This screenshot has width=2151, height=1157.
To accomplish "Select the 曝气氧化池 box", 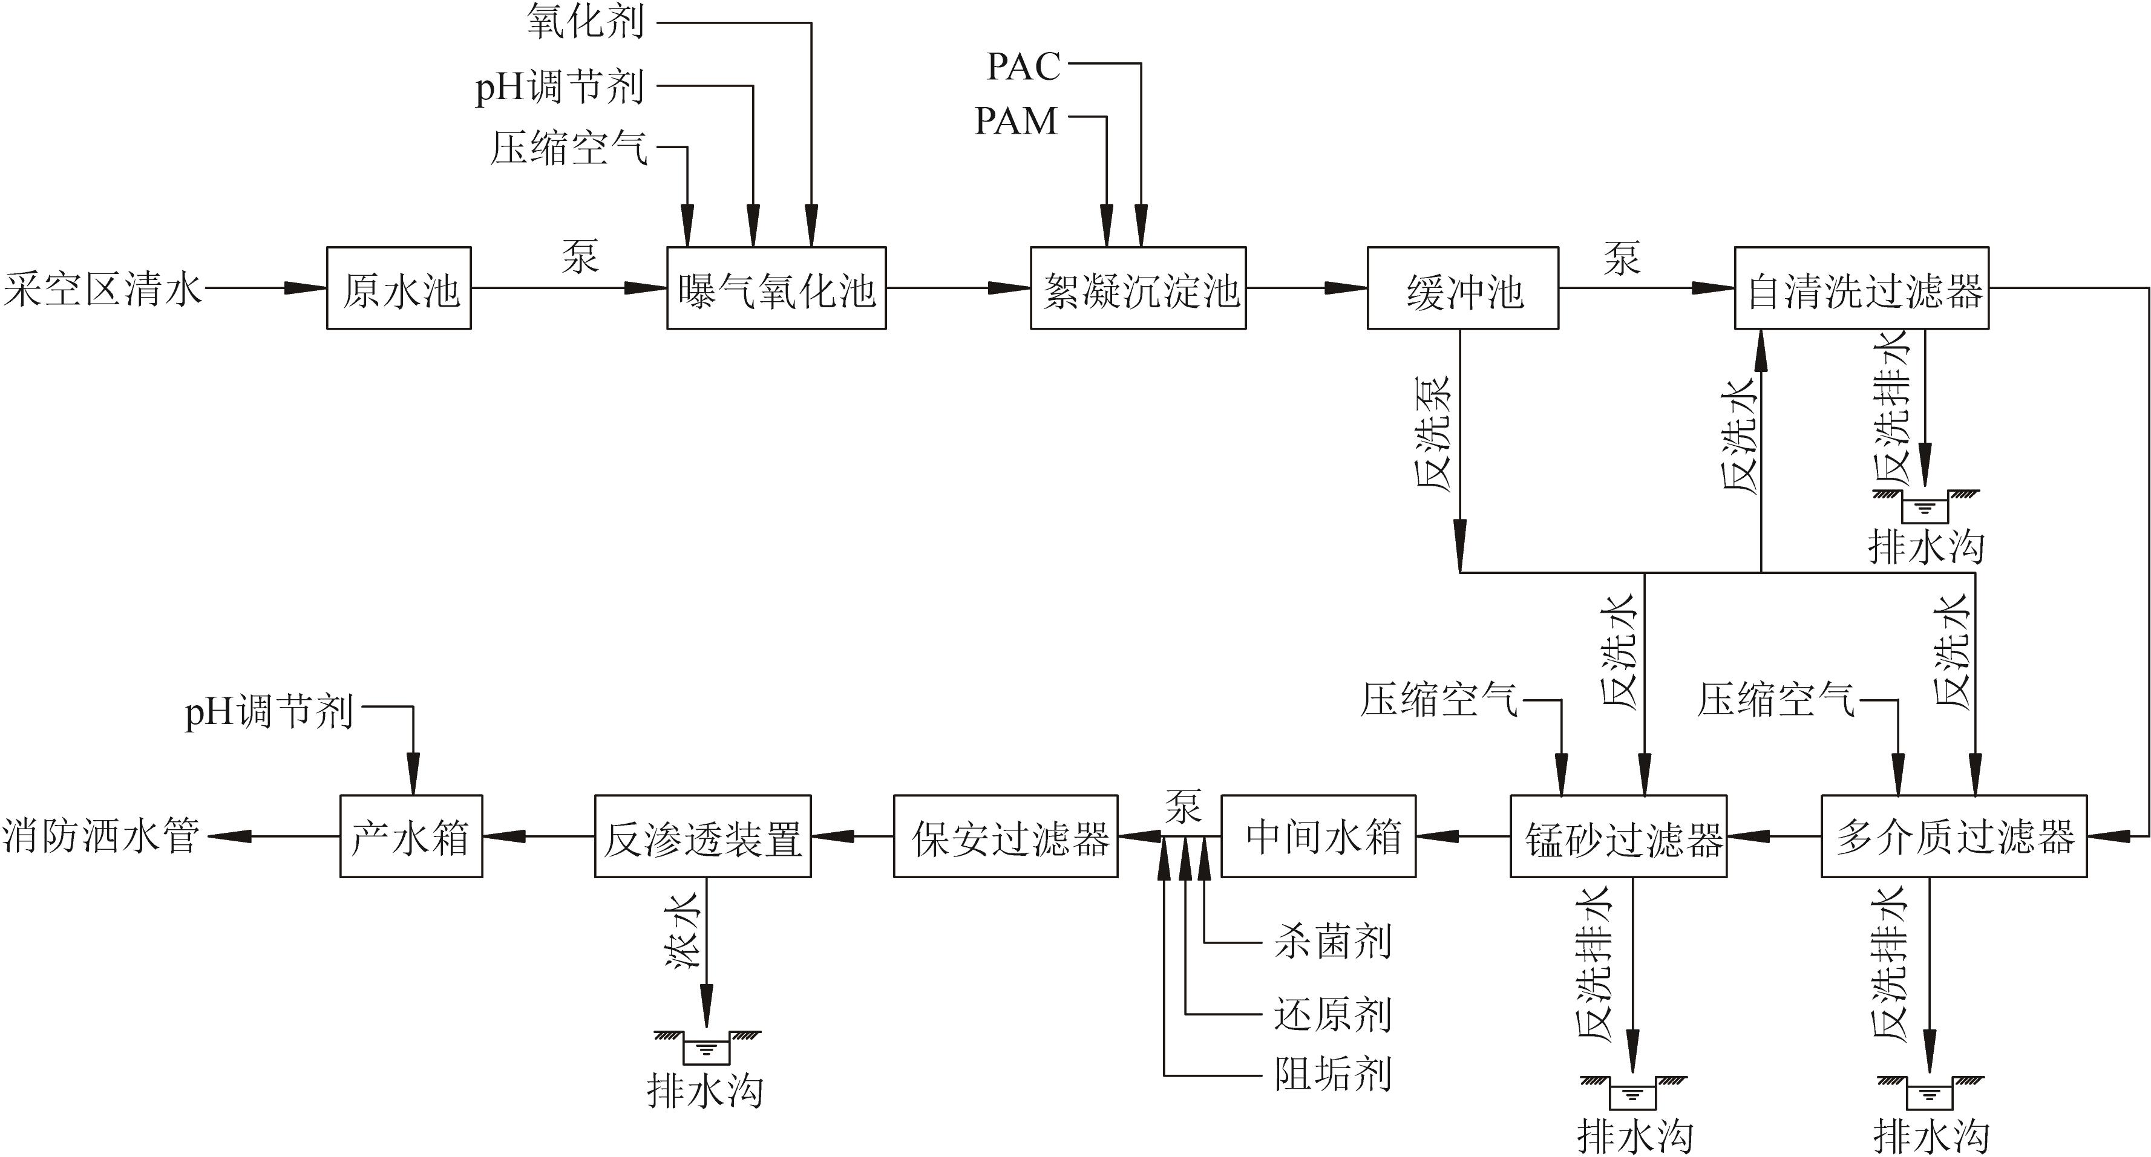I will (x=776, y=288).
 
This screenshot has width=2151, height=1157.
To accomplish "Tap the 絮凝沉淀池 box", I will (x=1138, y=288).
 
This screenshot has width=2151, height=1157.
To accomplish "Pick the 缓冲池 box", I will (x=1462, y=288).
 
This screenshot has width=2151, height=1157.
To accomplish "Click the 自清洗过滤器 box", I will (x=1861, y=288).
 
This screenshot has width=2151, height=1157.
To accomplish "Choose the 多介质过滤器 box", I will (x=1953, y=836).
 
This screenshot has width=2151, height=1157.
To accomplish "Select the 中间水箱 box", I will (x=1318, y=836).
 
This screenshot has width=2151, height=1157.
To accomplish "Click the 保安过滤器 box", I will (x=1006, y=836).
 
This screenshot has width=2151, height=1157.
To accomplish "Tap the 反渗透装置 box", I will (x=702, y=836).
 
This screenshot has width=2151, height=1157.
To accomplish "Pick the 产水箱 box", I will (x=411, y=836).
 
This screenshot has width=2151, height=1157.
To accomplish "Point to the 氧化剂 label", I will (x=585, y=22).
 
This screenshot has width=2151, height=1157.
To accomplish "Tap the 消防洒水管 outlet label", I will (x=101, y=836).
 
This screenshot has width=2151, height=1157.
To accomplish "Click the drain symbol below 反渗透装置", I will (x=707, y=1046).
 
